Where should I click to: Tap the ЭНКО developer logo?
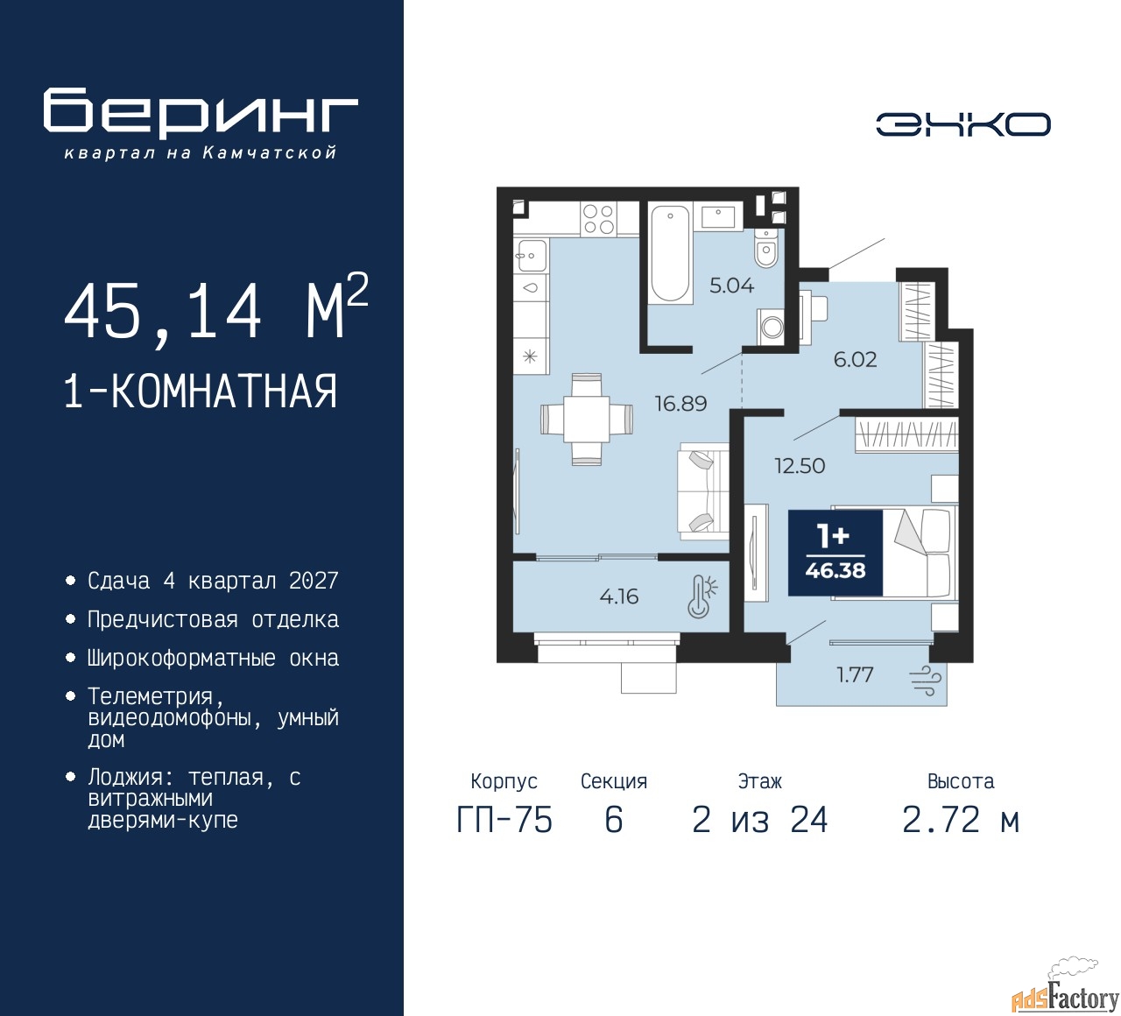[962, 124]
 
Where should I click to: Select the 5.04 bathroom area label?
[731, 286]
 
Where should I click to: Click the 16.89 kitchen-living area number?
[680, 403]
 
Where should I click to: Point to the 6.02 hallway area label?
[855, 359]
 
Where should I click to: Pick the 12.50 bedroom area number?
[800, 466]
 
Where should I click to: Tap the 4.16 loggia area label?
[618, 596]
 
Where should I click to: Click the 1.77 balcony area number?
[855, 674]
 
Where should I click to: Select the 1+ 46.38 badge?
[835, 552]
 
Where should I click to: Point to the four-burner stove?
[598, 219]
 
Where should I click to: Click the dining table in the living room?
[587, 420]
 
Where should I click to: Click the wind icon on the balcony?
[926, 681]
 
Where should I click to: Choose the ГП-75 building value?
[504, 821]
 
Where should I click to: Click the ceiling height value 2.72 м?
[961, 821]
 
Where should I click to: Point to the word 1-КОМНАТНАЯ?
[201, 392]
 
